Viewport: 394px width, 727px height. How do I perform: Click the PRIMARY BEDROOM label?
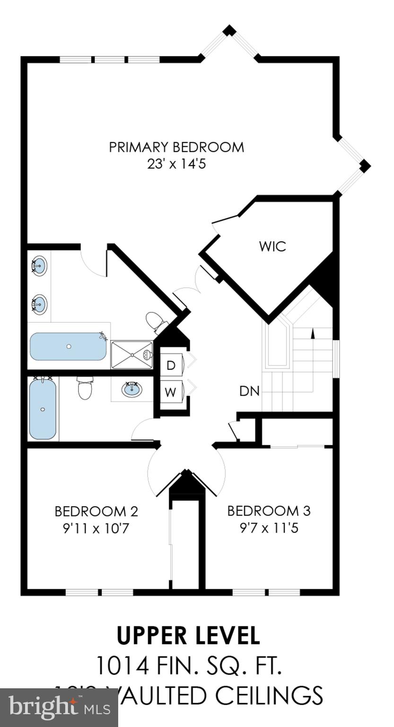(x=176, y=147)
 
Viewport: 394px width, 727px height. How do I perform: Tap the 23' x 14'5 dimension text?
(x=176, y=164)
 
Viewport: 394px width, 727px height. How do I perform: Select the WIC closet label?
(x=272, y=247)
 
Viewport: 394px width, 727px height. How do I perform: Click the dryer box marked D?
(x=171, y=365)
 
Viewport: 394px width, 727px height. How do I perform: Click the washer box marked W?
(x=171, y=391)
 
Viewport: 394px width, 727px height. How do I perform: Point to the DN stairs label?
(x=249, y=391)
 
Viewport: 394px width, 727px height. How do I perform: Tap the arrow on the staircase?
(x=312, y=333)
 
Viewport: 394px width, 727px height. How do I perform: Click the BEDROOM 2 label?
(x=96, y=511)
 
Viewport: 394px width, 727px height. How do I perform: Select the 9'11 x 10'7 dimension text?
(x=96, y=528)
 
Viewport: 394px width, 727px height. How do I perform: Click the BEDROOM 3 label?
(x=269, y=511)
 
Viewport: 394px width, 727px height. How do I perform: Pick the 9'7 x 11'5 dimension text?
(x=269, y=528)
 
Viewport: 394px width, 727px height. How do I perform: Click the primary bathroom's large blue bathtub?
(x=68, y=346)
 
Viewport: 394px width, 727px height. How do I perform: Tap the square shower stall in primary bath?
(x=132, y=355)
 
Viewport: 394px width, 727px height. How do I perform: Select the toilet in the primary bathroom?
(x=156, y=322)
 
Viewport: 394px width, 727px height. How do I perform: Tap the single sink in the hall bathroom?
(x=131, y=390)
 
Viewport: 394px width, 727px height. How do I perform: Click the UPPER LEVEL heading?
(x=188, y=636)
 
